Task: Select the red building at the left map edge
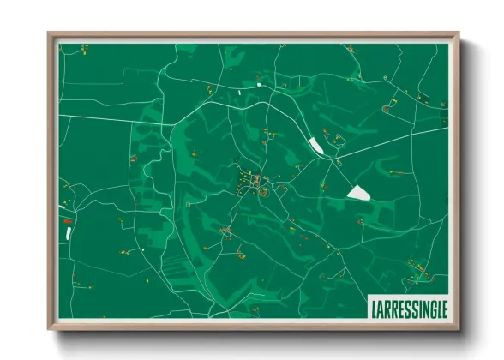[x=67, y=221]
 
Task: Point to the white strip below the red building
[x=67, y=232]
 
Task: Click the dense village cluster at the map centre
[x=250, y=182]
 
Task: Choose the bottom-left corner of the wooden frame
[x=49, y=328]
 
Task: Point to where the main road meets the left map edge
[x=58, y=114]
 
